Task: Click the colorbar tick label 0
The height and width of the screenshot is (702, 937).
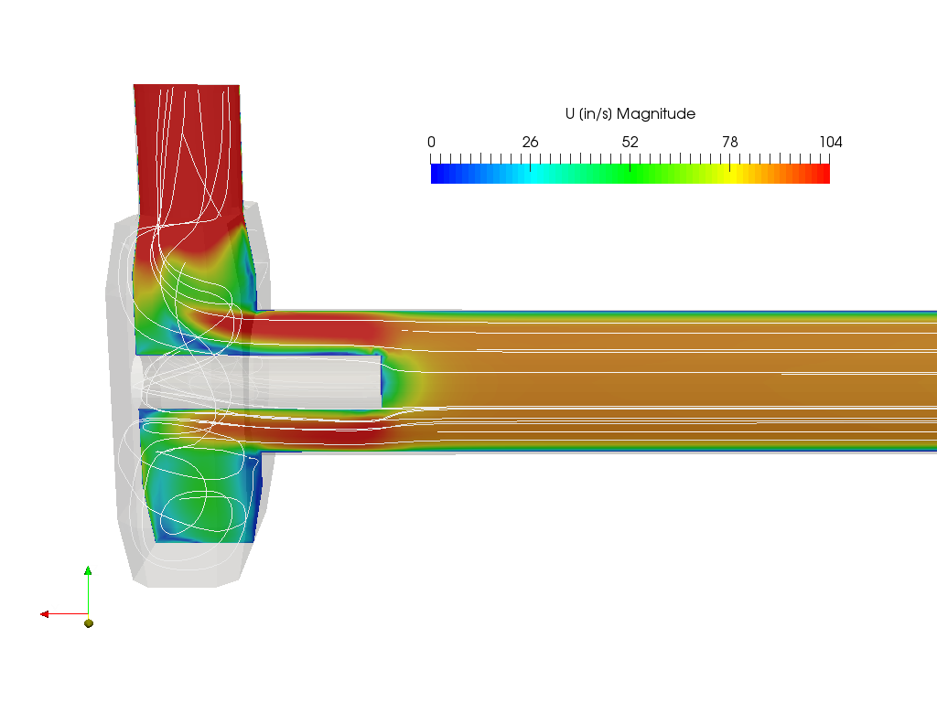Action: pyautogui.click(x=432, y=142)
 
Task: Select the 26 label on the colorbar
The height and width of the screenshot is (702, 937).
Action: pyautogui.click(x=530, y=142)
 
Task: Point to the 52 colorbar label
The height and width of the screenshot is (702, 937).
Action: pyautogui.click(x=630, y=142)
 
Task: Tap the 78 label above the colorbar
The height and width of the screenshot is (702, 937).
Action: pyautogui.click(x=729, y=142)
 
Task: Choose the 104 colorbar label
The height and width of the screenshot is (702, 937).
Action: pyautogui.click(x=831, y=142)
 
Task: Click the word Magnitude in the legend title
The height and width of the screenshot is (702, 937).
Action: pyautogui.click(x=655, y=114)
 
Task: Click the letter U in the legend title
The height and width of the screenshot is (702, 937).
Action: pyautogui.click(x=570, y=113)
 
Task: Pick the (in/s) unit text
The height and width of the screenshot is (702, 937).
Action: pyautogui.click(x=595, y=114)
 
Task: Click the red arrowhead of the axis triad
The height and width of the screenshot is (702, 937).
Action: pyautogui.click(x=44, y=614)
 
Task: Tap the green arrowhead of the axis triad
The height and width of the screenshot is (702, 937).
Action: pyautogui.click(x=88, y=570)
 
